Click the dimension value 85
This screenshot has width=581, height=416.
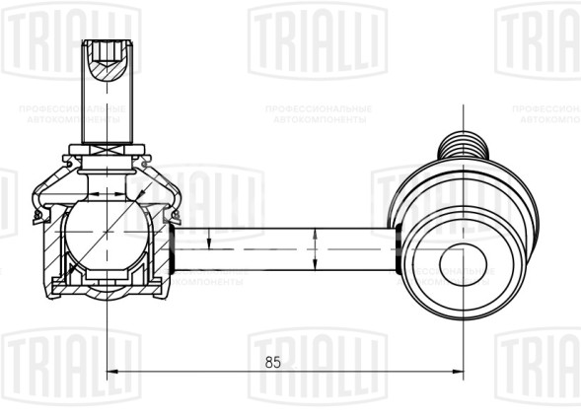(273, 363)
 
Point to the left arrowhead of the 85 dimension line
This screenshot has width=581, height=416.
(111, 372)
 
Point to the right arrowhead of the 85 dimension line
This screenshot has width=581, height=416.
(458, 372)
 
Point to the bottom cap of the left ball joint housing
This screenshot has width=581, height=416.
(106, 288)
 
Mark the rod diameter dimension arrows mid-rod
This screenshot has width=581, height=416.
(314, 250)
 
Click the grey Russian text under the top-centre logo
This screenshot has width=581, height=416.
(317, 112)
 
